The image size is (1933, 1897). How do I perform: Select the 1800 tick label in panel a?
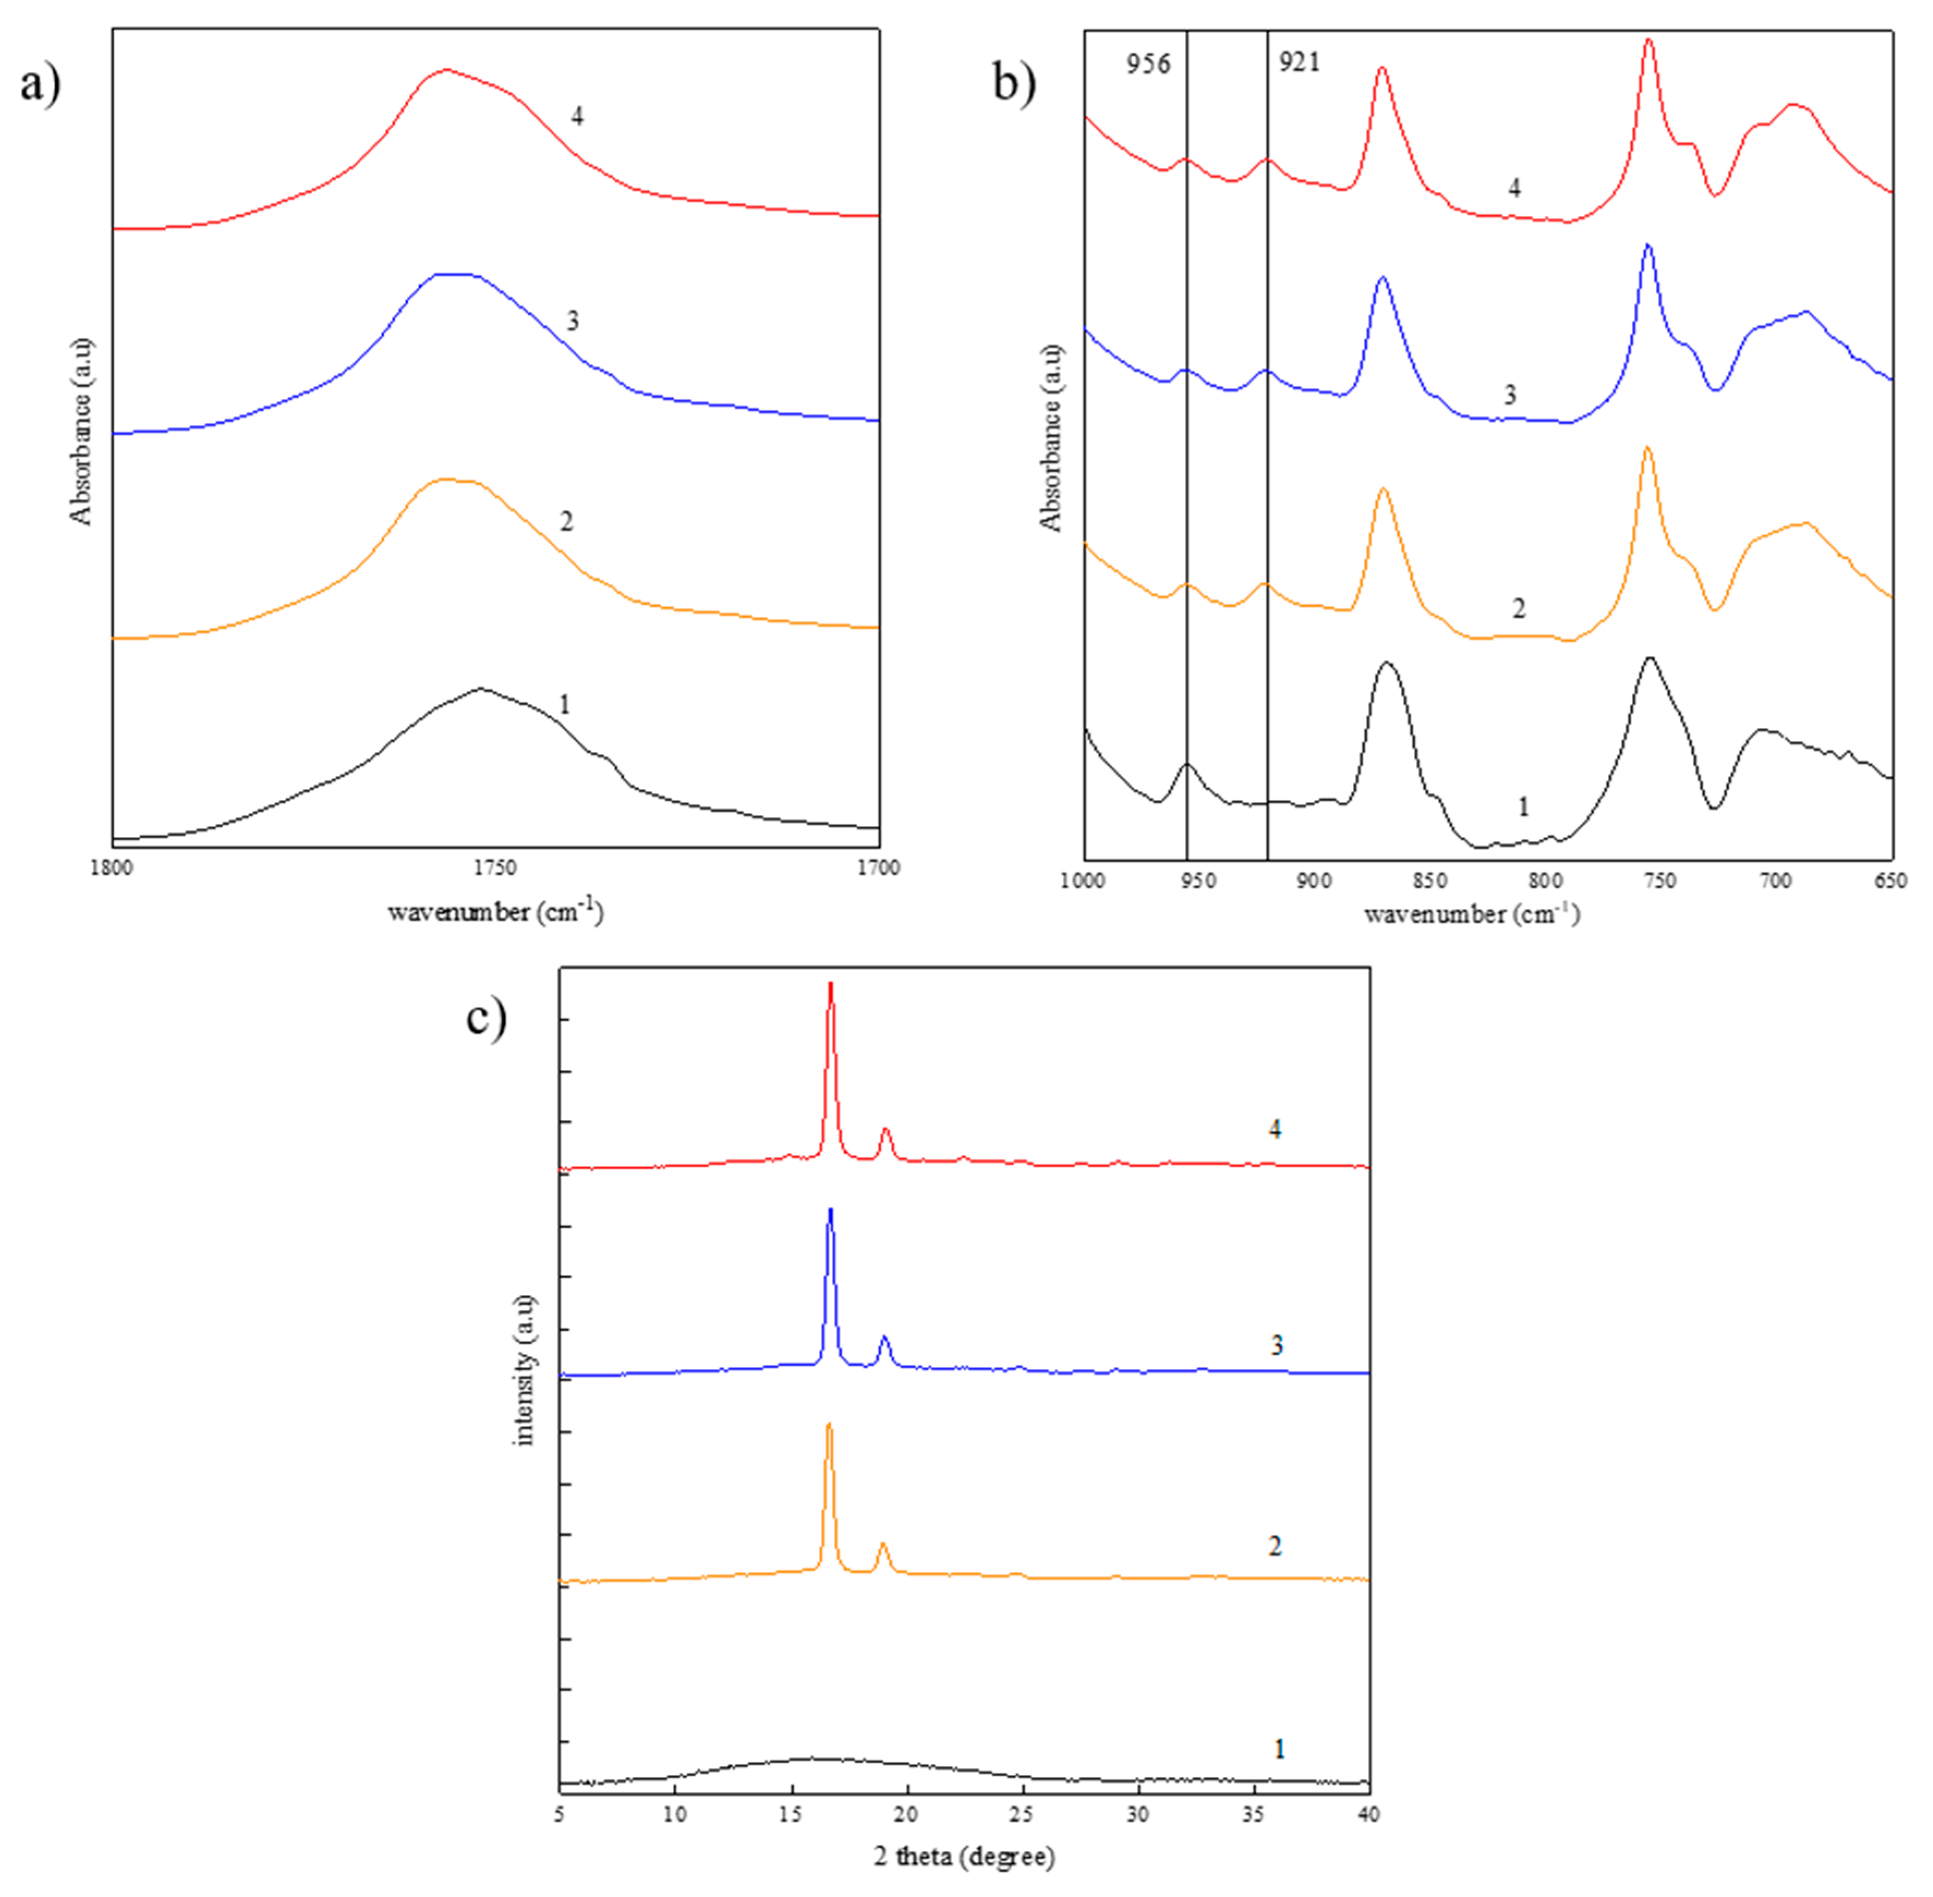(x=111, y=868)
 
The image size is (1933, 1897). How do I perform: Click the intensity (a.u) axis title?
(x=525, y=1370)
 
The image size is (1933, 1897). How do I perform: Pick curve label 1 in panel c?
(x=1279, y=1749)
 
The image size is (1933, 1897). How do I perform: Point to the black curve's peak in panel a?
(x=481, y=689)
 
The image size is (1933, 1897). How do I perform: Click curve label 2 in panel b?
(x=1518, y=608)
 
